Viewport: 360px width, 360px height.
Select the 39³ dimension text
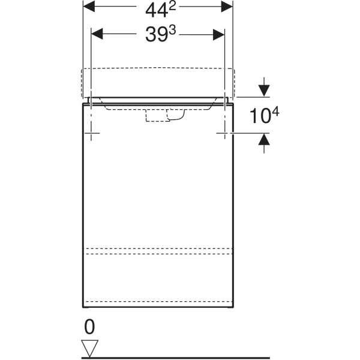click(158, 34)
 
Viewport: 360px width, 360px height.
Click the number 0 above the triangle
click(89, 327)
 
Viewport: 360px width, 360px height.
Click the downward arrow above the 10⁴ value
click(263, 90)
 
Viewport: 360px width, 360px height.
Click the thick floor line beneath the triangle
click(180, 358)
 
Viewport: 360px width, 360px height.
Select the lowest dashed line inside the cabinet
click(157, 301)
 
